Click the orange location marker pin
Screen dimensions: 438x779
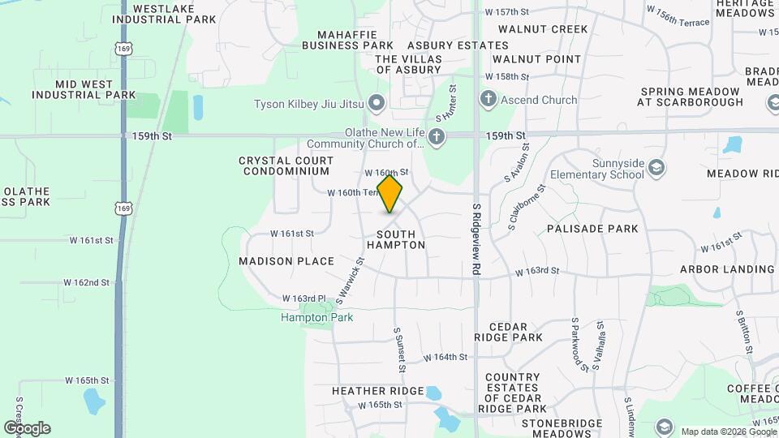(x=390, y=194)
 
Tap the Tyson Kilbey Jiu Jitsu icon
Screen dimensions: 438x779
(x=376, y=103)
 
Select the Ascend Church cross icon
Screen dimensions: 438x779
(x=488, y=100)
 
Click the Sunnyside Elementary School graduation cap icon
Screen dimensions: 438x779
(x=656, y=169)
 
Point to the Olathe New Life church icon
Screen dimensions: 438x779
(x=437, y=136)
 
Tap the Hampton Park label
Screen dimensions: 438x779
(x=316, y=317)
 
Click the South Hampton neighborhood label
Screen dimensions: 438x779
(x=396, y=239)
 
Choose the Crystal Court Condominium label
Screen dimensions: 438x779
(x=284, y=166)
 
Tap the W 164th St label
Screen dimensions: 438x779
(x=445, y=357)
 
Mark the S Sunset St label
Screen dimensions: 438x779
(x=399, y=350)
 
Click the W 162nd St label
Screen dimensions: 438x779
(x=87, y=282)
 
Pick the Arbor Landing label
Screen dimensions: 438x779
(x=727, y=269)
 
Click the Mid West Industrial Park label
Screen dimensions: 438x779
(x=84, y=89)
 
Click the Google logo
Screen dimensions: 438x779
(x=27, y=428)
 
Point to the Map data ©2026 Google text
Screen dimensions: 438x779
(x=728, y=432)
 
